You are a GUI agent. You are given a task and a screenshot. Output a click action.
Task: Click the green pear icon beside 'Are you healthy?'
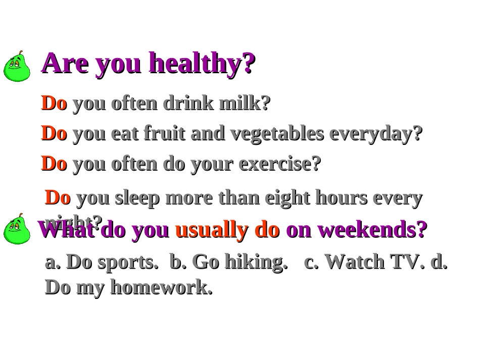pos(17,67)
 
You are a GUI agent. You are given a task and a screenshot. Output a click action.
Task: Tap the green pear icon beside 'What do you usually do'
pos(17,230)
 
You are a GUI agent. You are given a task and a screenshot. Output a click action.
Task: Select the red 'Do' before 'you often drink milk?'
pos(54,104)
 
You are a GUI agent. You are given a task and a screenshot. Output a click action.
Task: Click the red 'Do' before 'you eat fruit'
pos(54,134)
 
